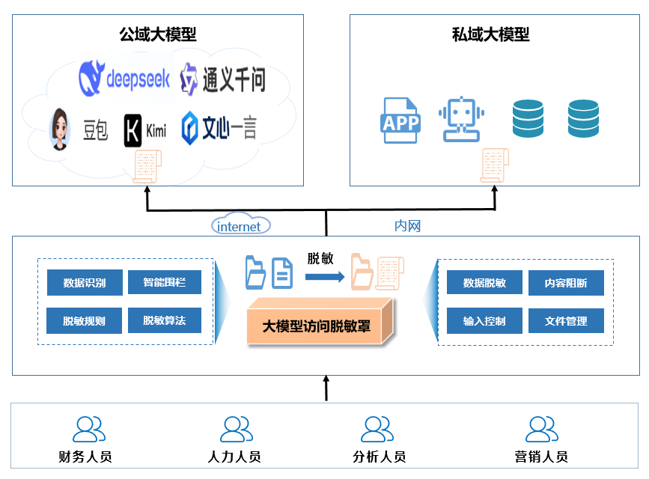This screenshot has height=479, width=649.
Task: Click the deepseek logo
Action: pyautogui.click(x=125, y=78)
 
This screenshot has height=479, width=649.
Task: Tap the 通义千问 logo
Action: pyautogui.click(x=223, y=79)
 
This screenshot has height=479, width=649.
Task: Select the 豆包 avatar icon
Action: pyautogui.click(x=61, y=129)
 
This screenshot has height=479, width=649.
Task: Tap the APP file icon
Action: pyautogui.click(x=400, y=120)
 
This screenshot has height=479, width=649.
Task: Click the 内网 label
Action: pyautogui.click(x=407, y=225)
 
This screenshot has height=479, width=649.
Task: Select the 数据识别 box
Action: pyautogui.click(x=85, y=283)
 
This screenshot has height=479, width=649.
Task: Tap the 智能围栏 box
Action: pyautogui.click(x=165, y=282)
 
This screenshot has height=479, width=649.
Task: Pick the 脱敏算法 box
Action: pyautogui.click(x=165, y=320)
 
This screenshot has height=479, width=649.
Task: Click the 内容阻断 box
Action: pyautogui.click(x=566, y=283)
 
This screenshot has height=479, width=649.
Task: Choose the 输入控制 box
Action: pyautogui.click(x=484, y=321)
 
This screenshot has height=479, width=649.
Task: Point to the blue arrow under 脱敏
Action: pyautogui.click(x=324, y=277)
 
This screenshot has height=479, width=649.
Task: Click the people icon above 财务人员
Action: pyautogui.click(x=89, y=429)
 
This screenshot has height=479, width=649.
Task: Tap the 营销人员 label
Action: pyautogui.click(x=541, y=457)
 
